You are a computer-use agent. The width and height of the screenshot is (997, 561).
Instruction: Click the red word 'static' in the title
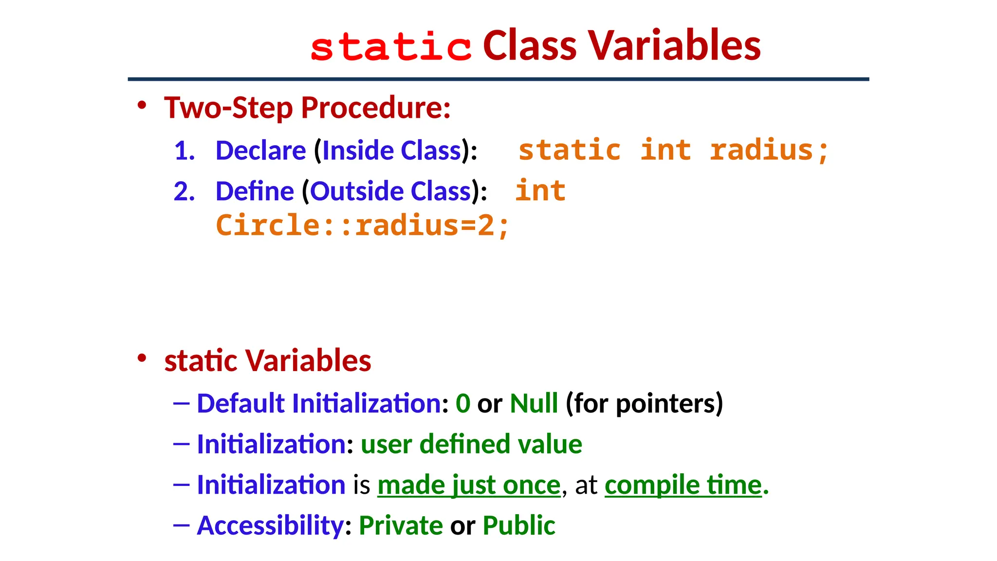click(391, 47)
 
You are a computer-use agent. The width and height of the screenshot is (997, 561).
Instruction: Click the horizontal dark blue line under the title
click(498, 79)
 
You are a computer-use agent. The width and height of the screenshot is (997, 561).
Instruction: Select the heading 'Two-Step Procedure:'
click(307, 108)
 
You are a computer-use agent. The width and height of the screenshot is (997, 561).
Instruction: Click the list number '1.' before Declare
click(185, 150)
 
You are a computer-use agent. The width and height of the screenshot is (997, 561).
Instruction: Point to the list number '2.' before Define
click(185, 191)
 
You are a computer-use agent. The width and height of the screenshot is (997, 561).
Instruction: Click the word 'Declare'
click(260, 150)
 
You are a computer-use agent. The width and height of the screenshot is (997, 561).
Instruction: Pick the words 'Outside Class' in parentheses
click(391, 191)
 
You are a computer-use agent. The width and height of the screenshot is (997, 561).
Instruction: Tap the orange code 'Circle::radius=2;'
click(362, 225)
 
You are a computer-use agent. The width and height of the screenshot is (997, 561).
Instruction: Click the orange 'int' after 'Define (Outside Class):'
click(540, 190)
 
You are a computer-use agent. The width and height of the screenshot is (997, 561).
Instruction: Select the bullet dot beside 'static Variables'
click(142, 358)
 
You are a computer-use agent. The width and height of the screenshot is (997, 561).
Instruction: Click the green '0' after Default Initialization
click(463, 404)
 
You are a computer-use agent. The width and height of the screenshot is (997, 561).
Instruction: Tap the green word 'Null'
click(534, 404)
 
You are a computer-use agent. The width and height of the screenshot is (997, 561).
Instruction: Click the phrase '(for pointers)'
click(644, 404)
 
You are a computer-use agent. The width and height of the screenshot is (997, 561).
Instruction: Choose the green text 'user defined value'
click(471, 444)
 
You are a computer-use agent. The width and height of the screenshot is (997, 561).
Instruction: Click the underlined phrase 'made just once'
click(469, 485)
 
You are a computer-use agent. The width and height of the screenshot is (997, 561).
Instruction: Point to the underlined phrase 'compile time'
click(683, 485)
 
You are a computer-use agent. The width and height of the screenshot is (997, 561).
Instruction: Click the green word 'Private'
click(401, 525)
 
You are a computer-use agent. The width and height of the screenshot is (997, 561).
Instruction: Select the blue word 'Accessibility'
click(270, 525)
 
